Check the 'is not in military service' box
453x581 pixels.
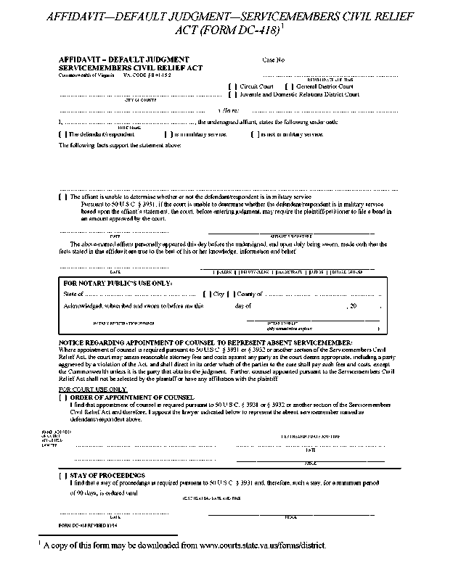click(255, 134)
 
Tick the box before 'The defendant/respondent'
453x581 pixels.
click(63, 134)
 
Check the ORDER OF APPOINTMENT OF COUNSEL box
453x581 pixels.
click(63, 397)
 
